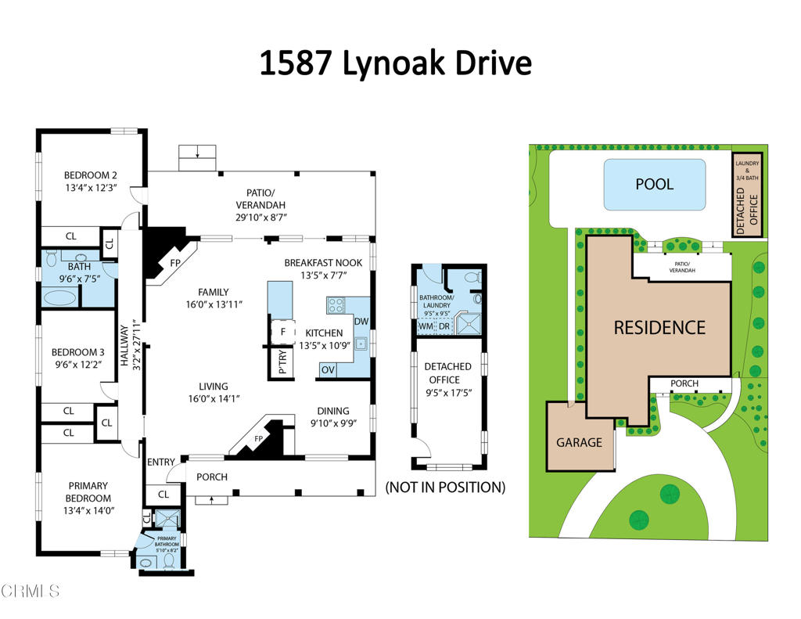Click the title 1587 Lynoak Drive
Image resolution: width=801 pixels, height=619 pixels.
395,63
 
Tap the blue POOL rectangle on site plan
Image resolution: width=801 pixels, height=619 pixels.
654,185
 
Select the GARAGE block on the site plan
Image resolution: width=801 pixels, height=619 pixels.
580,442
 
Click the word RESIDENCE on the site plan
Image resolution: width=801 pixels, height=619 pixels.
659,328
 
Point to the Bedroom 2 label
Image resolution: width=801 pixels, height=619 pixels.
91,175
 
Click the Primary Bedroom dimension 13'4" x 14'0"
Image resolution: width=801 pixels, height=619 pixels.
88,511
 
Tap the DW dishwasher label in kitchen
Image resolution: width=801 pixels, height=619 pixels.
361,322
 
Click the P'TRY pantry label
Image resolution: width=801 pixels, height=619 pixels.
282,363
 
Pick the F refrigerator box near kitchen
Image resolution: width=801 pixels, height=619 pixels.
282,332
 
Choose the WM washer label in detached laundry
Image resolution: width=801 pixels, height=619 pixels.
426,326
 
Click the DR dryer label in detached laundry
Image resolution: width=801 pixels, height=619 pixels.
444,326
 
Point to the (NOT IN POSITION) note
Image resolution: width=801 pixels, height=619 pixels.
445,488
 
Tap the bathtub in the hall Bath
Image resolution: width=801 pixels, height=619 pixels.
59,297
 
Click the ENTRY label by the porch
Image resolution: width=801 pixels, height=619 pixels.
160,462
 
